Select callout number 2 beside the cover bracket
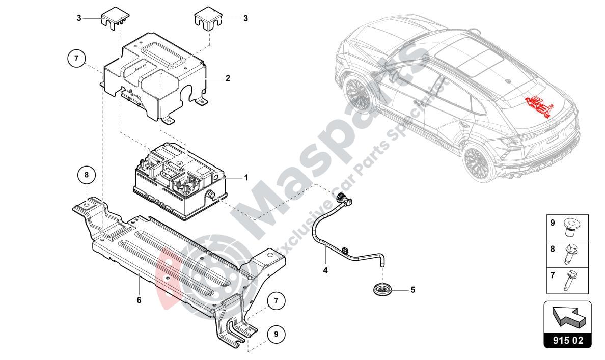click(x=228, y=78)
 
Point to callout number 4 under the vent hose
click(x=324, y=270)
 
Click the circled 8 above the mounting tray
click(x=87, y=175)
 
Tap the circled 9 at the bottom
click(x=276, y=334)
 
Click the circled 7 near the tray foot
click(x=276, y=300)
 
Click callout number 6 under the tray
click(x=139, y=300)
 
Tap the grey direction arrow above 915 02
click(x=567, y=316)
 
